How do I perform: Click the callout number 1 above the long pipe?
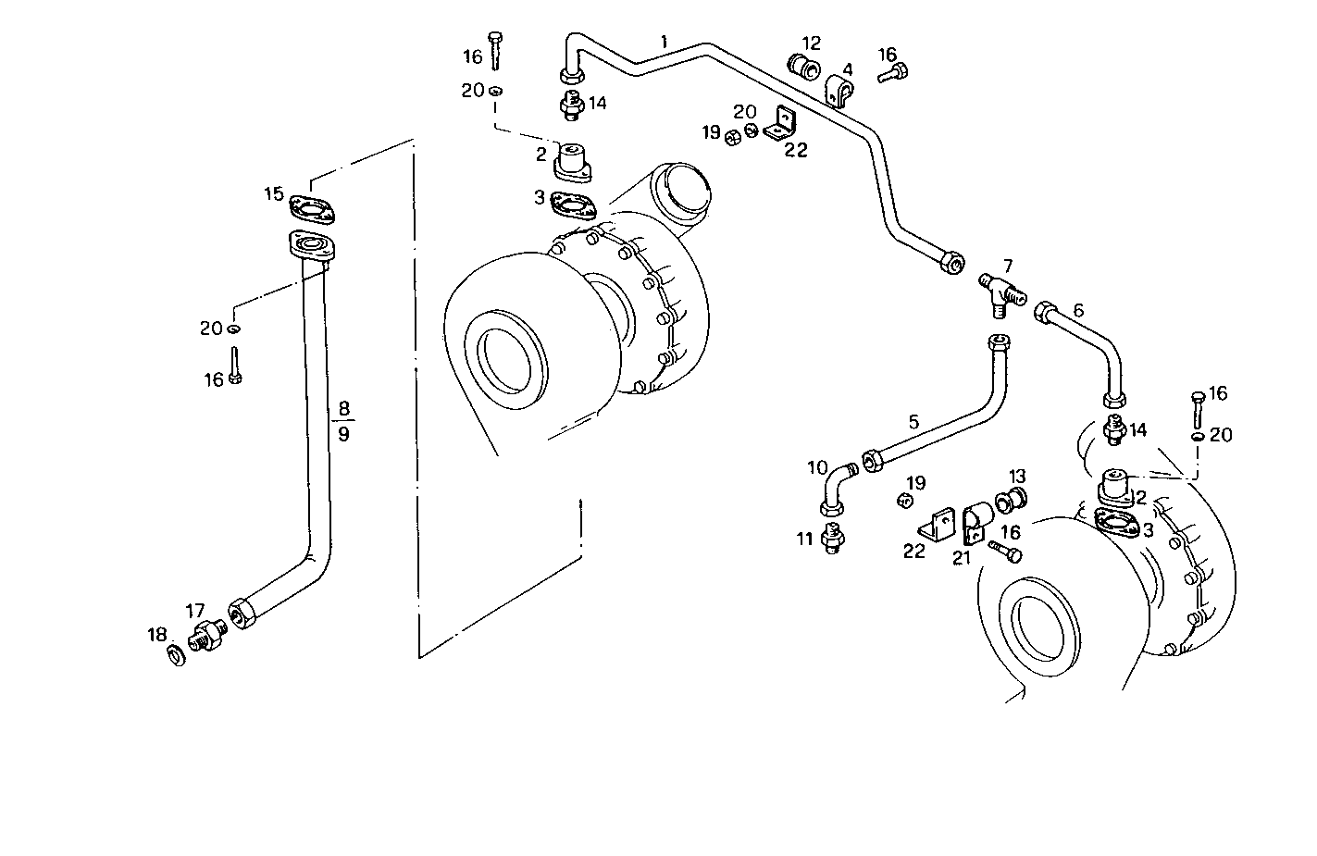pyautogui.click(x=664, y=42)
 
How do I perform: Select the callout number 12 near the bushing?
pyautogui.click(x=811, y=43)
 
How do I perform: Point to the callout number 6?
pyautogui.click(x=1077, y=310)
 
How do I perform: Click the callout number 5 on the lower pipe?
pyautogui.click(x=913, y=422)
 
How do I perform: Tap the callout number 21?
pyautogui.click(x=963, y=556)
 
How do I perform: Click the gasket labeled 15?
pyautogui.click(x=313, y=209)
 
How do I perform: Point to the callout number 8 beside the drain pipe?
pyautogui.click(x=344, y=407)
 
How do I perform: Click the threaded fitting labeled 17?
pyautogui.click(x=208, y=636)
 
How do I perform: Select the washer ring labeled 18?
pyautogui.click(x=174, y=655)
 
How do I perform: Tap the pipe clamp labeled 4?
pyautogui.click(x=839, y=93)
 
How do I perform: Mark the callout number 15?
pyautogui.click(x=274, y=193)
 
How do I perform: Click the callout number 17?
pyautogui.click(x=194, y=611)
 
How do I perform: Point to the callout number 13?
pyautogui.click(x=1017, y=477)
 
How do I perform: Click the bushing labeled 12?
pyautogui.click(x=802, y=67)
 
